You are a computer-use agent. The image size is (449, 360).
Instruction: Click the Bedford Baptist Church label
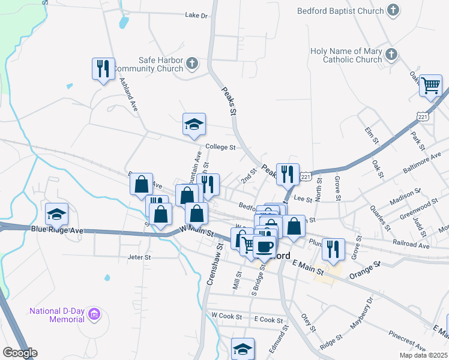340,11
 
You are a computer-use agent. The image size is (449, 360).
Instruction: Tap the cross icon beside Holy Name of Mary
391,55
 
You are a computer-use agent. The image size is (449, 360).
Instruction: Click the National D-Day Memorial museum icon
94,314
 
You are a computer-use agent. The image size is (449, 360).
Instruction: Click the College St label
220,146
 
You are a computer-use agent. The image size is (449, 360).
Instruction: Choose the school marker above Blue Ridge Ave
56,213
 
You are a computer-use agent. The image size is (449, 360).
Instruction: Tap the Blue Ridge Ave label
57,230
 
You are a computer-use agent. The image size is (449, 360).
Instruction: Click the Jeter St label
139,257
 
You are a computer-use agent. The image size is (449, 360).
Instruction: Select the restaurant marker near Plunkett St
332,248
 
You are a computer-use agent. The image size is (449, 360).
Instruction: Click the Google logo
20,353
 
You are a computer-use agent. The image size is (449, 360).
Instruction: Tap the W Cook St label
226,316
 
